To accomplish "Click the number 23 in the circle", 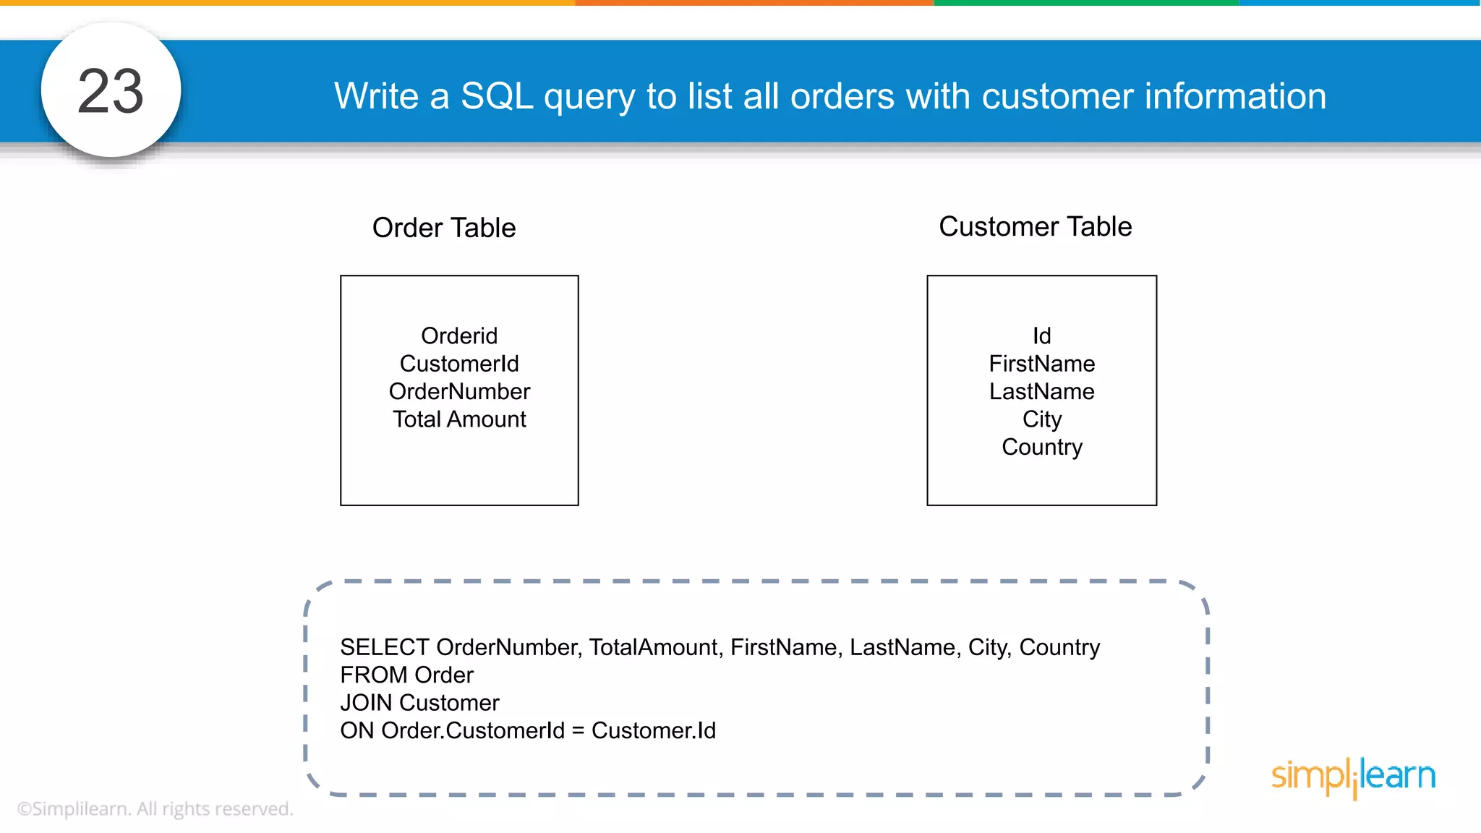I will click(x=111, y=91).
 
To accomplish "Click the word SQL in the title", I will click(x=497, y=96).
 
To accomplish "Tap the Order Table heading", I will click(x=444, y=228).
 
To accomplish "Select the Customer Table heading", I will click(x=1035, y=226).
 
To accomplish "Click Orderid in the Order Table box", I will click(x=459, y=336).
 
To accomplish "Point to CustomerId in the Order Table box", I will click(x=459, y=363).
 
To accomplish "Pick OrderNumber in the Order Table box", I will click(x=459, y=391).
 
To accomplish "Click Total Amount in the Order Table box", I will click(x=459, y=419).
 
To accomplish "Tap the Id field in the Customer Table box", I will click(x=1041, y=336).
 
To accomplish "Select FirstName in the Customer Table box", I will click(x=1041, y=363).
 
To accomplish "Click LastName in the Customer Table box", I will click(x=1041, y=391).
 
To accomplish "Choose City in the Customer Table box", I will click(x=1041, y=419).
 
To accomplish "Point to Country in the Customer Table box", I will click(x=1041, y=447).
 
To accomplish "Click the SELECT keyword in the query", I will click(x=385, y=646).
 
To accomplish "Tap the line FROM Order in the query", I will click(x=406, y=675).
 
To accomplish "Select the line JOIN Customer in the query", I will click(x=419, y=702).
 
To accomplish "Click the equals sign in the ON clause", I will click(x=578, y=731).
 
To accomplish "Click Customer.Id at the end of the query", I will click(x=653, y=730).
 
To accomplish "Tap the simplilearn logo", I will click(x=1353, y=777).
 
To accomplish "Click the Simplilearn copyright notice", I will click(x=155, y=808).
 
